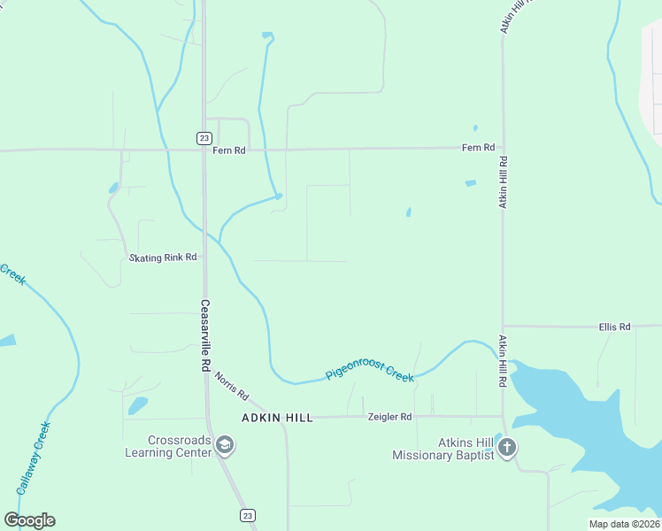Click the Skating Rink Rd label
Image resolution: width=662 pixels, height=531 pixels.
163,258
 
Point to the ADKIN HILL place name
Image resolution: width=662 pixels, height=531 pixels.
278,418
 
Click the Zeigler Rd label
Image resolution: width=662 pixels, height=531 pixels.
389,416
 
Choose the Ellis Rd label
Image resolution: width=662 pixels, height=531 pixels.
613,327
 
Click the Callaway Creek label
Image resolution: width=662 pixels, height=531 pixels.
34,457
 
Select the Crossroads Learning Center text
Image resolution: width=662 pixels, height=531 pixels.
181,446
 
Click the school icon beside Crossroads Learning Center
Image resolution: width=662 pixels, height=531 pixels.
225,445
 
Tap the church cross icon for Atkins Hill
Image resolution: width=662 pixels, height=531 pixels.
506,447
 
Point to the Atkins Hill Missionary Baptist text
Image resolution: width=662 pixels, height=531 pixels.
442,449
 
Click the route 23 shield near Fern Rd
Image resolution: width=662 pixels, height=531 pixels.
204,137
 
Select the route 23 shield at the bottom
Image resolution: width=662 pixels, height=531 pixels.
247,515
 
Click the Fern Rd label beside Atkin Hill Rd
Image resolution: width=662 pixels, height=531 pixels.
478,147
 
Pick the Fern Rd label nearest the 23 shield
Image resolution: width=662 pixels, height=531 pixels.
227,150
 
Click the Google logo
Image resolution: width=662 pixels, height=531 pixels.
29,519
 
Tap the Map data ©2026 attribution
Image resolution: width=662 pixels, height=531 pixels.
624,524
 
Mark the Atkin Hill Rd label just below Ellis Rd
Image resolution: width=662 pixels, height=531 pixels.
502,361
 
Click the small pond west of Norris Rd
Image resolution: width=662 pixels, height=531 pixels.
137,405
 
